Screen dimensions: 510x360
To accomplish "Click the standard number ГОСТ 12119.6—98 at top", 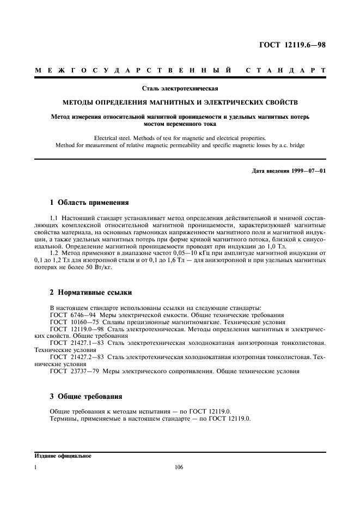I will tap(292, 45).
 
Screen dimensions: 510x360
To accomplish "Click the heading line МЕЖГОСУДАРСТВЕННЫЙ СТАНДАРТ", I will tap(180, 71).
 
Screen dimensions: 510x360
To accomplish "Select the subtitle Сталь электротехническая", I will tap(180, 88).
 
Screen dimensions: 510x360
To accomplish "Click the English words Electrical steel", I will tap(114, 138).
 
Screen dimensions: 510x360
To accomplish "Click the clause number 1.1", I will tap(54, 218).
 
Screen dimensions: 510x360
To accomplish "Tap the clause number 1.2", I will tap(54, 253).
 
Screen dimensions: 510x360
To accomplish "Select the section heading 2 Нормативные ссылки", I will tap(90, 293).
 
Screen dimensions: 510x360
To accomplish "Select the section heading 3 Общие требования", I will tap(86, 396).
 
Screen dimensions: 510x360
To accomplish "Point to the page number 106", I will tap(180, 467).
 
